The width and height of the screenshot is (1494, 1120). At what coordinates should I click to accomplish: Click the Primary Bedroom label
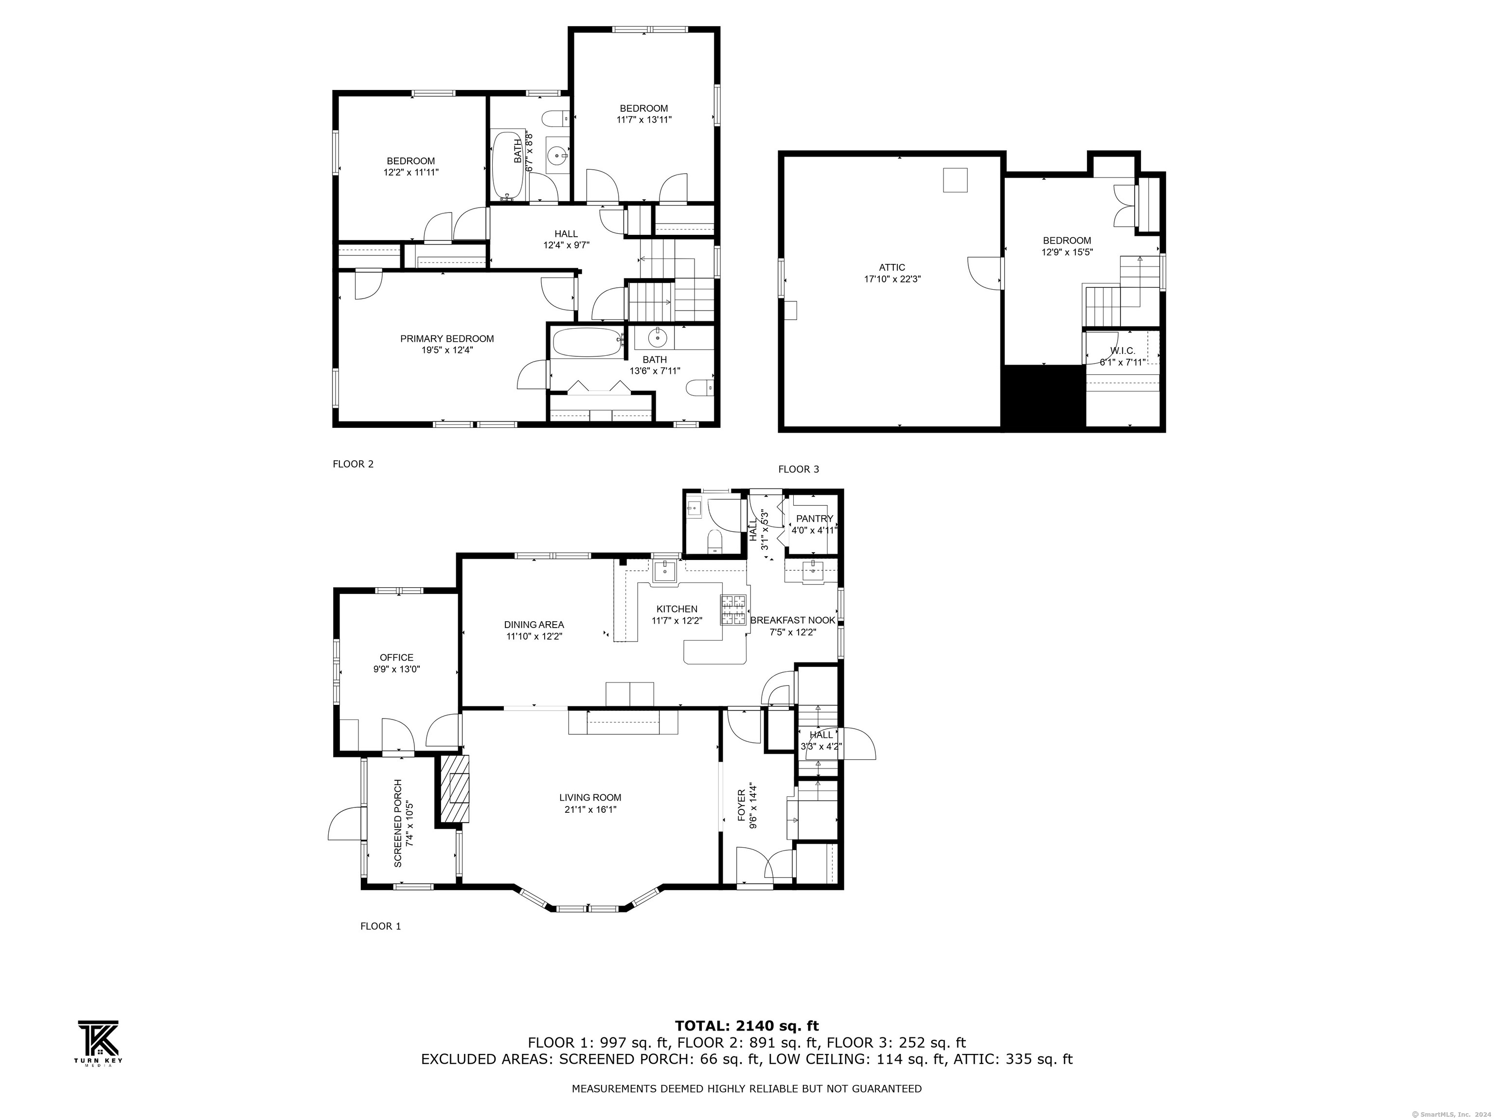pyautogui.click(x=446, y=339)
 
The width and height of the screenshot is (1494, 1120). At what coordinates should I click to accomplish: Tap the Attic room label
pyautogui.click(x=892, y=267)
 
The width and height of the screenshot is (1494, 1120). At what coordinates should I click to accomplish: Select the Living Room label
pyautogui.click(x=589, y=797)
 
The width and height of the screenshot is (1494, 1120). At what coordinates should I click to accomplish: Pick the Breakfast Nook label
pyautogui.click(x=793, y=620)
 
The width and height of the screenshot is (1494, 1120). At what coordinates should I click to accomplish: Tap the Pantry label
pyautogui.click(x=815, y=519)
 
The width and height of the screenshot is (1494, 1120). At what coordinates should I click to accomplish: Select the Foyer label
pyautogui.click(x=741, y=805)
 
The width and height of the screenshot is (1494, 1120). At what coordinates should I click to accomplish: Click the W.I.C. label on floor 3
pyautogui.click(x=1122, y=351)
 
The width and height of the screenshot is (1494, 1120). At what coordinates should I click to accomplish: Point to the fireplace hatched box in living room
pyautogui.click(x=455, y=788)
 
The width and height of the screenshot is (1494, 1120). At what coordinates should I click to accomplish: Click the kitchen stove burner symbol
pyautogui.click(x=734, y=610)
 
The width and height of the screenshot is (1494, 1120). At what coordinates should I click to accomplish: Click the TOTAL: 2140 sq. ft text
pyautogui.click(x=747, y=1027)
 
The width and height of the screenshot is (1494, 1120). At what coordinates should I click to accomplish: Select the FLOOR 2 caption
pyautogui.click(x=353, y=464)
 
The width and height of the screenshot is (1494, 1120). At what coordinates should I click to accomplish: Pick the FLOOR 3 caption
pyautogui.click(x=799, y=469)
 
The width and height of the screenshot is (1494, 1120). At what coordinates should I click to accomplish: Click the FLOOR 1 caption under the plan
pyautogui.click(x=380, y=926)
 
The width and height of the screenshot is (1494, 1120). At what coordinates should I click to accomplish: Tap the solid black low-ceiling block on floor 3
pyautogui.click(x=1044, y=397)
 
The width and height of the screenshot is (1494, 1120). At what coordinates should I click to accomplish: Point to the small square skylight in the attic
pyautogui.click(x=955, y=180)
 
